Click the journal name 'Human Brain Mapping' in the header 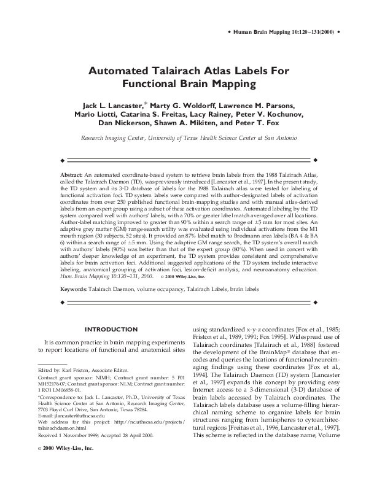[260, 31]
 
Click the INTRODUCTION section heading [111, 329]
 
